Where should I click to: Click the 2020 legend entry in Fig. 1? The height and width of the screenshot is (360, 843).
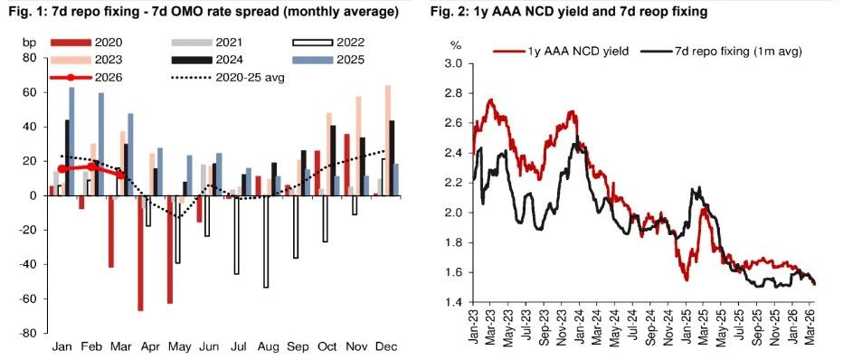[x=86, y=43]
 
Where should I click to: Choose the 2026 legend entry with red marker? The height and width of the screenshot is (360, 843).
[x=86, y=78]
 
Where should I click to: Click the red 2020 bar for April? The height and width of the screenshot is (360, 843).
[x=140, y=253]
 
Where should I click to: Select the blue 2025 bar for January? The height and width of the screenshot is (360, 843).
[x=71, y=141]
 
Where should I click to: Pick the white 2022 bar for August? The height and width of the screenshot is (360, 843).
[x=266, y=242]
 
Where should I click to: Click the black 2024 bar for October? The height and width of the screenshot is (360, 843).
[x=334, y=160]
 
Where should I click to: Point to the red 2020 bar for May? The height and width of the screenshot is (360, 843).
[x=170, y=250]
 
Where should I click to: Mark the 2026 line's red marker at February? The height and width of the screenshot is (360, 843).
[x=92, y=166]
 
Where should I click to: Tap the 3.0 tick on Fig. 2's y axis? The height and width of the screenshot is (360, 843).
[x=454, y=63]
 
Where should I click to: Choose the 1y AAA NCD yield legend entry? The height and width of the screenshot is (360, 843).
[x=562, y=52]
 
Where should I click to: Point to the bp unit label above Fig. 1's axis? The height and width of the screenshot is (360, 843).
[x=28, y=43]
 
